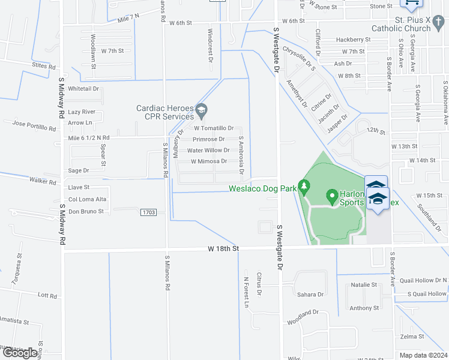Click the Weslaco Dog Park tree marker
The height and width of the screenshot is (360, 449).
[x=304, y=187]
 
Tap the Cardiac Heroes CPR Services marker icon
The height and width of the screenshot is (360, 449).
[x=202, y=109]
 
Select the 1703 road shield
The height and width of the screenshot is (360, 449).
[x=149, y=212]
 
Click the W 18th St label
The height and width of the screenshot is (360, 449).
[x=223, y=248]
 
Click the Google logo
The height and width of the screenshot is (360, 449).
[x=19, y=353]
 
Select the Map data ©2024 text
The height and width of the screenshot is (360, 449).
[x=423, y=355]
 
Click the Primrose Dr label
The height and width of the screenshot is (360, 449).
[x=209, y=139]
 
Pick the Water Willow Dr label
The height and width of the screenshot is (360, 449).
[x=208, y=151]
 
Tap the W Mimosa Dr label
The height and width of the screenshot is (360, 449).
[x=209, y=161]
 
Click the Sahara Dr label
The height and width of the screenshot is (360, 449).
[x=310, y=295]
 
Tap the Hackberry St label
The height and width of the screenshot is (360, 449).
[x=354, y=40]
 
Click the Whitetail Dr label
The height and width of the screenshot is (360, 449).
[x=83, y=88]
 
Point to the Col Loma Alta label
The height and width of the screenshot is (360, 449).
[x=88, y=199]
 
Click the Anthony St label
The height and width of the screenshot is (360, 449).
[x=364, y=308]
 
